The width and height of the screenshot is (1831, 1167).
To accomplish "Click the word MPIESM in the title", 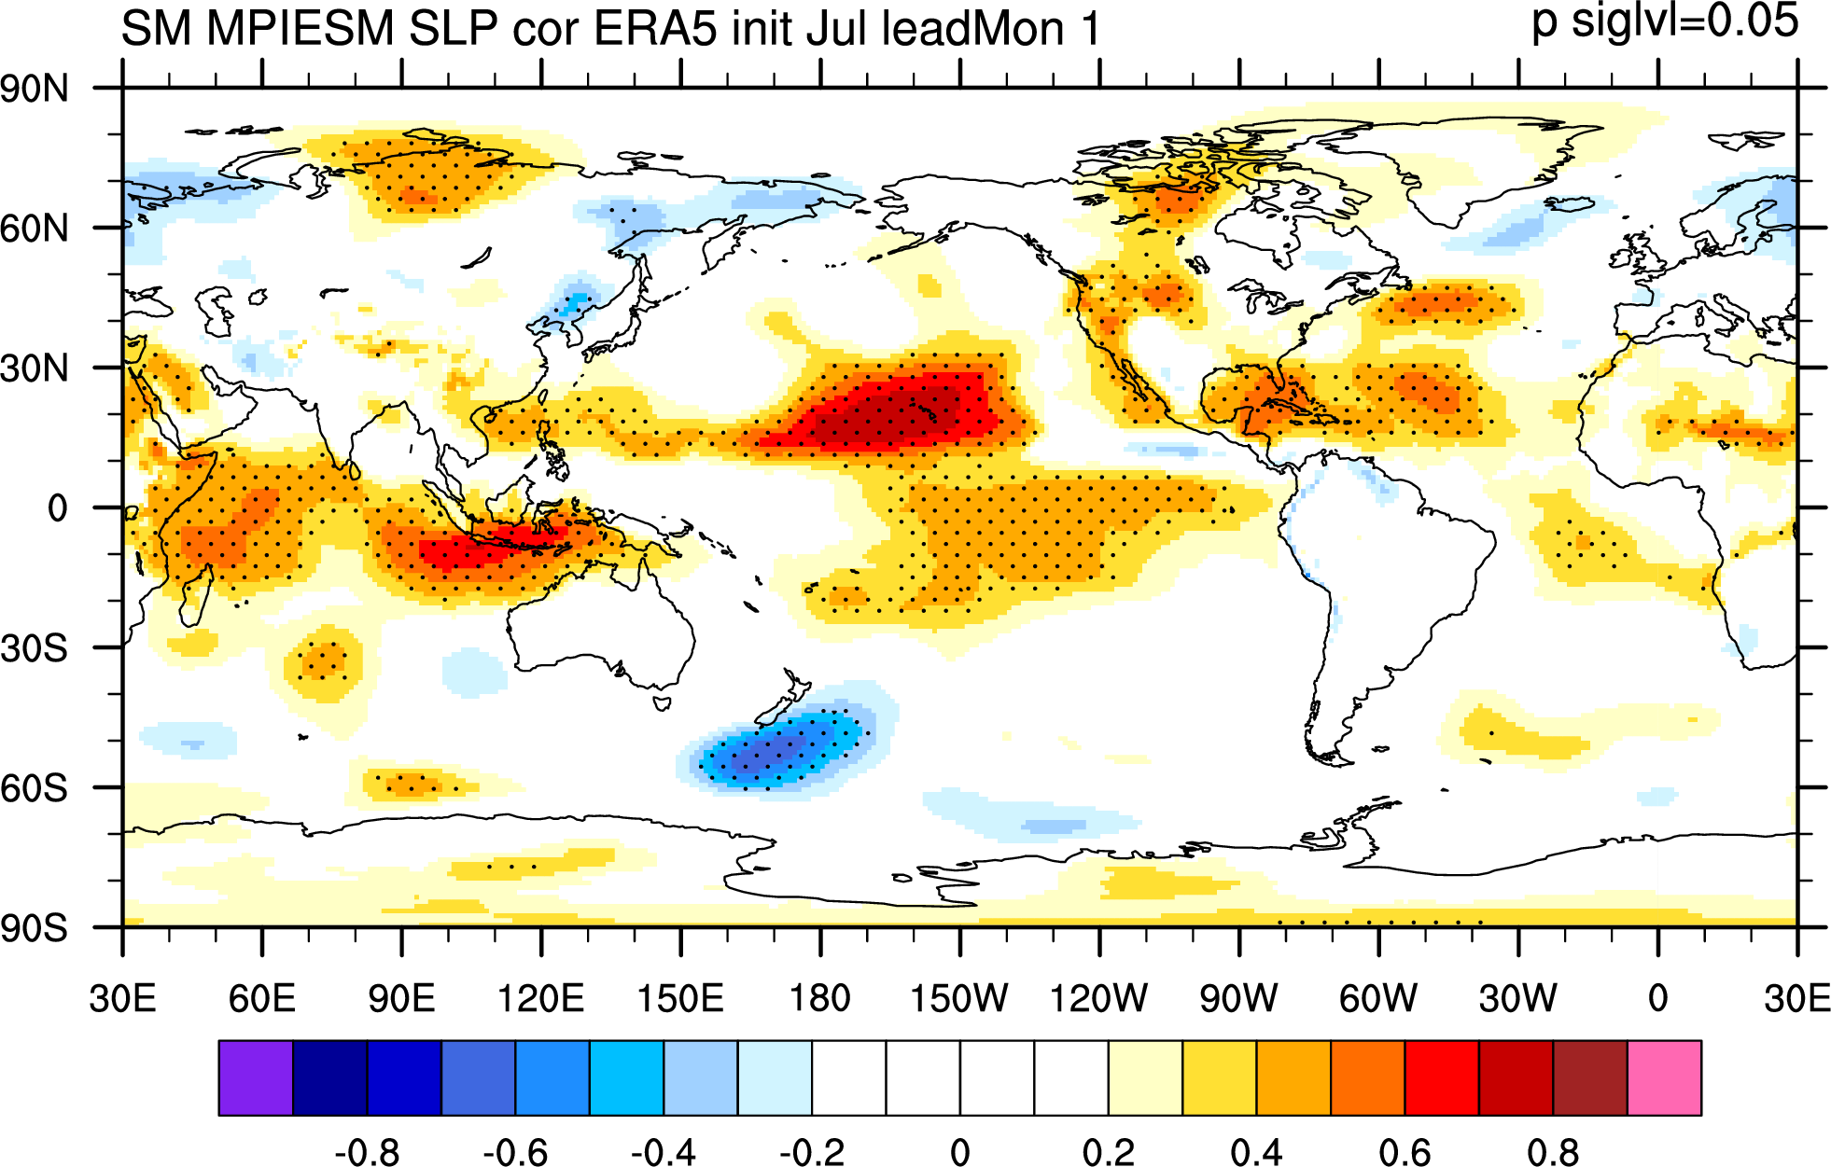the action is (301, 28).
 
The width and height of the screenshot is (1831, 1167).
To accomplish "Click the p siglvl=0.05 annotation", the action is (1665, 21).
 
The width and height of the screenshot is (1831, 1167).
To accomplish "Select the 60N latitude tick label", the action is (35, 229).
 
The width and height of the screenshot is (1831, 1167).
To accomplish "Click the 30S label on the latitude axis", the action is (35, 648).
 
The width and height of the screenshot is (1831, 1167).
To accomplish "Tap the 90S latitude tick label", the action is (35, 928).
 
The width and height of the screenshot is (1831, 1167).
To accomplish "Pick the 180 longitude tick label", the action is (820, 998).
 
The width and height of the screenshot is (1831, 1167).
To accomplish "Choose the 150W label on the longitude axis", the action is (959, 998).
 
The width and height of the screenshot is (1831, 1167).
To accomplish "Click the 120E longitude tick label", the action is (541, 998).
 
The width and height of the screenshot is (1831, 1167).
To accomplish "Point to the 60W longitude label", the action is (1378, 998).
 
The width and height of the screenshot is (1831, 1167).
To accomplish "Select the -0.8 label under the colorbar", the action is (367, 1152).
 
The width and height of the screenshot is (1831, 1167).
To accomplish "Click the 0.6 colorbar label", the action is (1405, 1152).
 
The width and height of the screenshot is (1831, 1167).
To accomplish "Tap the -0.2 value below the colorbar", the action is (812, 1152).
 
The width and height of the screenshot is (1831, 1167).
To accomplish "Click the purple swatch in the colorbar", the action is (256, 1077).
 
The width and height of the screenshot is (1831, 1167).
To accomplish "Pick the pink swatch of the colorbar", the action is (1665, 1077).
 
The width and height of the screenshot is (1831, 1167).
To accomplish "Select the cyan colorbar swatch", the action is (626, 1077).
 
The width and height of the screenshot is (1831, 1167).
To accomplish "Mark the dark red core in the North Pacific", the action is (896, 410).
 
